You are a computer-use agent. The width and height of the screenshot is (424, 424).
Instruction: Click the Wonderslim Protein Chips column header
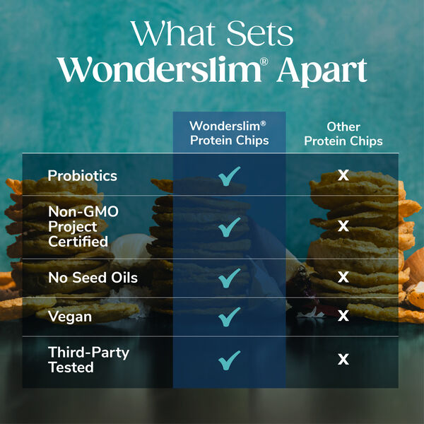(229, 133)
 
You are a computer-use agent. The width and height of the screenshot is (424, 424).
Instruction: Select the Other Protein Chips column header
(343, 134)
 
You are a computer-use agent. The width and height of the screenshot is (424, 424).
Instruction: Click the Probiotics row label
(82, 175)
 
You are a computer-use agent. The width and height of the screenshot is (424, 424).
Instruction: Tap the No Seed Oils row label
(93, 278)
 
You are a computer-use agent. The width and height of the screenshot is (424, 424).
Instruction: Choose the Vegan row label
(70, 316)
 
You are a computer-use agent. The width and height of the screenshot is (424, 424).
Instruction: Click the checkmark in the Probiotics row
(229, 175)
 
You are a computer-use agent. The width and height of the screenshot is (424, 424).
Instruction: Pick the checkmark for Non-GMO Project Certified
(229, 226)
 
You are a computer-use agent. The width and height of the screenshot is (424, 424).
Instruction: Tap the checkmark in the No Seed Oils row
(229, 277)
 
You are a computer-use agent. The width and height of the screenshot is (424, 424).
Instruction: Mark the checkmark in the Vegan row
(229, 316)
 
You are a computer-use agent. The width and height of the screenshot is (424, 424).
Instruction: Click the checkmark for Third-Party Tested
(229, 359)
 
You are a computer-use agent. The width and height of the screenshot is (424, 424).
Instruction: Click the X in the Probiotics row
(343, 175)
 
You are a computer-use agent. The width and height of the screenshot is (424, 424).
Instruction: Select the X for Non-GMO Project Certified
(343, 226)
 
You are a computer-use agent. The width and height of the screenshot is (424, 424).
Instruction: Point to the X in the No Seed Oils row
(343, 277)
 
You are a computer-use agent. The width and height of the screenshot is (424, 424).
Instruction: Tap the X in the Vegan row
(343, 316)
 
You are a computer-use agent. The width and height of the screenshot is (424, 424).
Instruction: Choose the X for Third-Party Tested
(343, 359)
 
